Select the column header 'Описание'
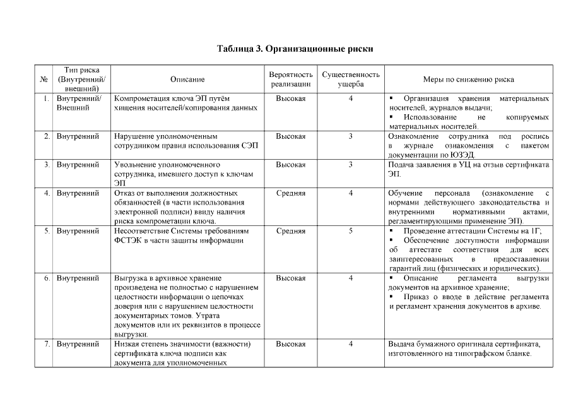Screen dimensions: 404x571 [187, 80]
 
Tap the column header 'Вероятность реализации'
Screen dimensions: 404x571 [291, 80]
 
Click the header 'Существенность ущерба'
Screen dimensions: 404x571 [351, 80]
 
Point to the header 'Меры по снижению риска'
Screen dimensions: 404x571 [468, 80]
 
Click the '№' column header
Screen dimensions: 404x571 [44, 80]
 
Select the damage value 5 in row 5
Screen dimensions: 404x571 [351, 231]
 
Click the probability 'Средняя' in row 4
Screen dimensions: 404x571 [291, 193]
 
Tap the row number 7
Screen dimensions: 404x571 [47, 344]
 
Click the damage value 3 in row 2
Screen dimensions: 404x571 [351, 136]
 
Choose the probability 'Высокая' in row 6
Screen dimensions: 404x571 [291, 278]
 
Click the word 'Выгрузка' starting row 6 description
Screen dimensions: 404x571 [131, 278]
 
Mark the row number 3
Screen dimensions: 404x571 [47, 165]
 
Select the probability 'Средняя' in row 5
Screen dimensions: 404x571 [291, 231]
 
